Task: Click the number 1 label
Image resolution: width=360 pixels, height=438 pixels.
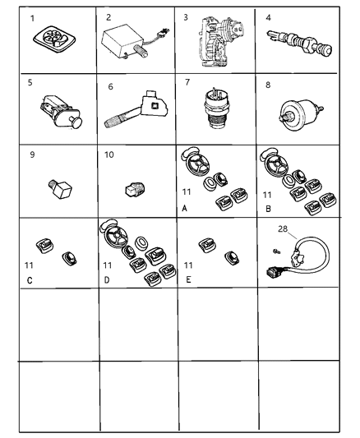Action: coord(31,18)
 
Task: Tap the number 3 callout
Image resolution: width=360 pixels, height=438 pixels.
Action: coord(186,16)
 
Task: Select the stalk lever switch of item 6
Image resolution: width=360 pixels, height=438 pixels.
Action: coord(131,114)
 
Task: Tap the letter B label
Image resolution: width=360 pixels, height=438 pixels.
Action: coord(265,210)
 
